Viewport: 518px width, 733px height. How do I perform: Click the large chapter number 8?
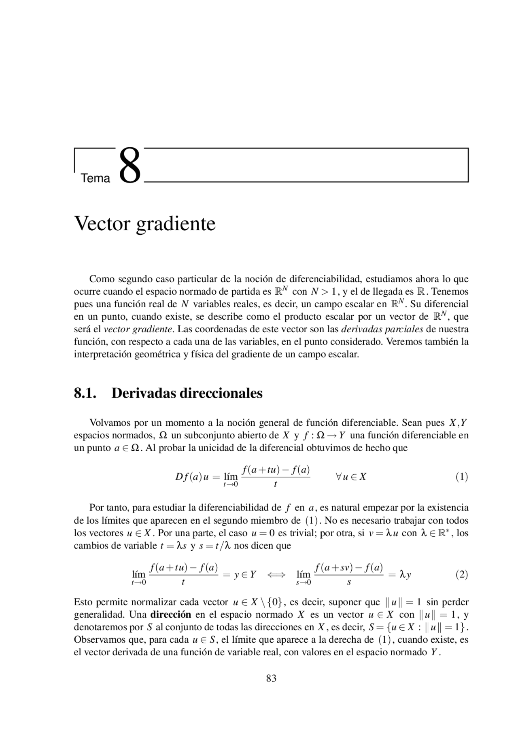click(x=130, y=166)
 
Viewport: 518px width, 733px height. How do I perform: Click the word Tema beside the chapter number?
click(x=96, y=178)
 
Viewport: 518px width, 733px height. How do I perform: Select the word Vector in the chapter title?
click(x=102, y=223)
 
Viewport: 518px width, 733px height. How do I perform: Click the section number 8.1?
click(x=85, y=393)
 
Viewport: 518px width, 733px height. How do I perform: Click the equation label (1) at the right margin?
click(x=462, y=477)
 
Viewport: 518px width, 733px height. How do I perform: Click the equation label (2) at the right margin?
click(x=462, y=574)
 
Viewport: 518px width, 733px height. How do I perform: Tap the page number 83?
click(x=271, y=678)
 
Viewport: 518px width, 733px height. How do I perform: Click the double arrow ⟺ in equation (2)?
click(x=276, y=575)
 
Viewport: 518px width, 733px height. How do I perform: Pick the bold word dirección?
click(x=170, y=614)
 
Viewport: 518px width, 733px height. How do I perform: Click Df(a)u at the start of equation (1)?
click(x=192, y=477)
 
